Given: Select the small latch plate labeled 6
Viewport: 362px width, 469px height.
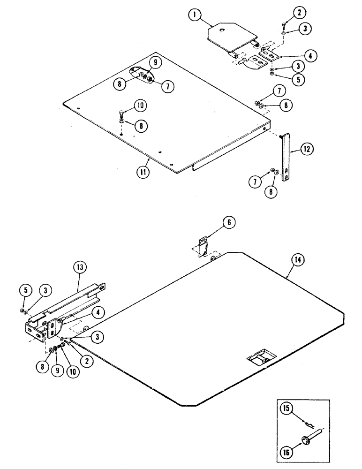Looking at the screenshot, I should [x=203, y=247].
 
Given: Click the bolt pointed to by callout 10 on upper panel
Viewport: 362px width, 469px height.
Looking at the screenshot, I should [x=121, y=113].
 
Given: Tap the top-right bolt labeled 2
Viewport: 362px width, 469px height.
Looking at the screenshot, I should [x=284, y=24].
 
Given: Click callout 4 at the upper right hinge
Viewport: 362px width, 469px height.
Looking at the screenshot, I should [x=309, y=55].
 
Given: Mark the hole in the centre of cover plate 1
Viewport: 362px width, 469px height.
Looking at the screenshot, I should [x=224, y=31].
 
